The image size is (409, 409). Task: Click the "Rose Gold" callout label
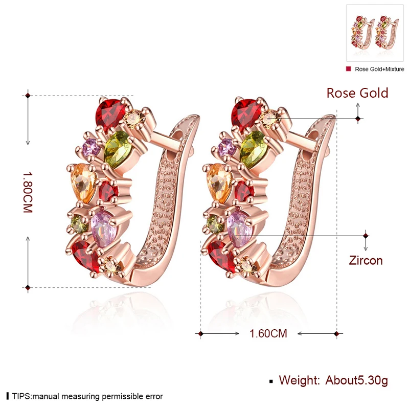click(x=357, y=93)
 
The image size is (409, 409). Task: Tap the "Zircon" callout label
click(x=366, y=260)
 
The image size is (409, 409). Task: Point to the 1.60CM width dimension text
click(x=268, y=334)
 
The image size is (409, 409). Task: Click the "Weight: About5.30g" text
click(x=333, y=380)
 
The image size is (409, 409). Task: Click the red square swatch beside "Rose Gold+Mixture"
click(x=349, y=69)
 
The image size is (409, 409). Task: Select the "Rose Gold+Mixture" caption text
click(x=379, y=69)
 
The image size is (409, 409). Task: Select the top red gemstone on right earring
click(x=245, y=112)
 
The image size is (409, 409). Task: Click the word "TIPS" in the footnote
click(x=21, y=396)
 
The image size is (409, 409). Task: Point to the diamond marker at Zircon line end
click(x=366, y=236)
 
